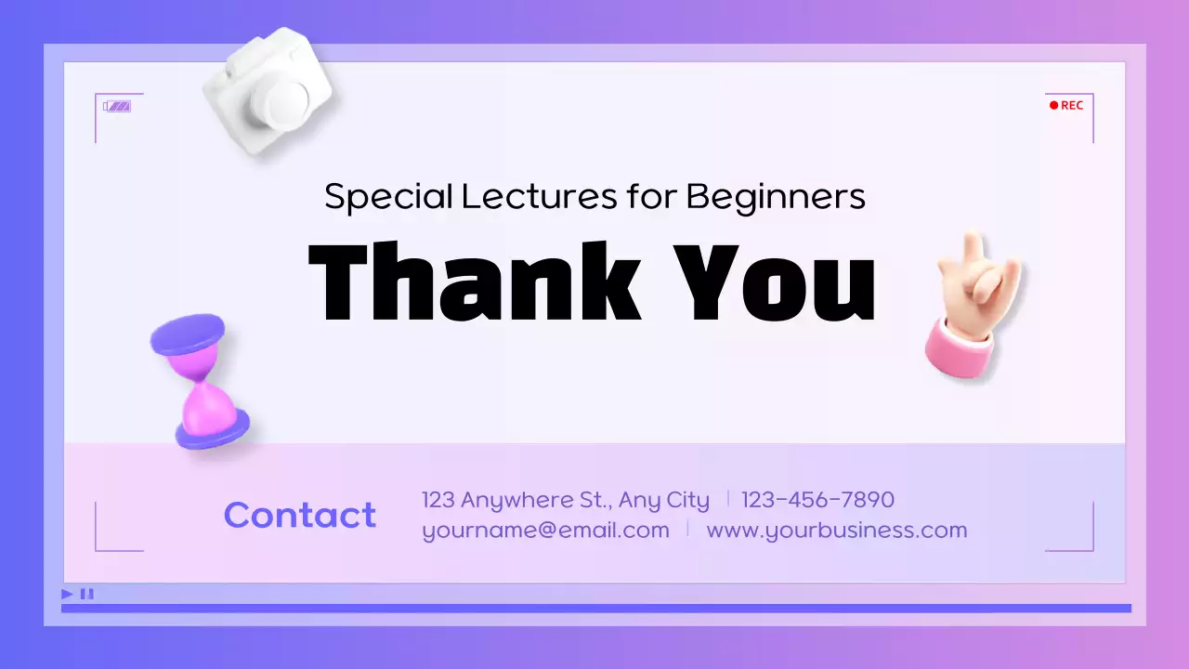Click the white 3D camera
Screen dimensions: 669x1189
[267, 91]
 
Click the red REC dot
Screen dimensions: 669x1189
[1053, 105]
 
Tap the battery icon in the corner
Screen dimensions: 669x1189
[117, 106]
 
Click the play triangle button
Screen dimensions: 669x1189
[67, 594]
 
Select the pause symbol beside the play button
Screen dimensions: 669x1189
[86, 594]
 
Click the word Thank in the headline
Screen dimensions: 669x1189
[474, 281]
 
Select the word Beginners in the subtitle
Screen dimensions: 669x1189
[776, 196]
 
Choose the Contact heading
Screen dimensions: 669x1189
[299, 515]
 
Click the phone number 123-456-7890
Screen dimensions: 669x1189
[817, 500]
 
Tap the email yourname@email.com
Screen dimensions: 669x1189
[545, 531]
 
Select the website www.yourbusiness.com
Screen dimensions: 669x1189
[836, 531]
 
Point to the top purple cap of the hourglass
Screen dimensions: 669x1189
[188, 334]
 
